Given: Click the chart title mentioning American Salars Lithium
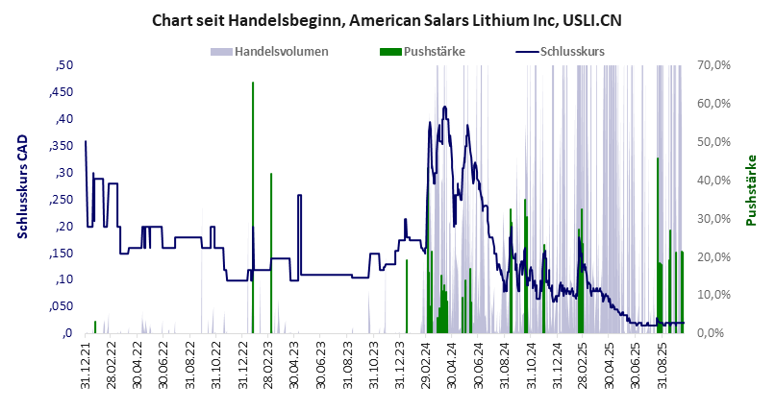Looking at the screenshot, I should (x=387, y=19).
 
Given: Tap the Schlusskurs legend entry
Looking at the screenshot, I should (x=572, y=51).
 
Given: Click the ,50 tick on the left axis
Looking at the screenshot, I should (x=64, y=65).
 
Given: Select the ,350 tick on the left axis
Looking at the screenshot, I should (x=62, y=146).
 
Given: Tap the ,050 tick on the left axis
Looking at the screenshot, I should (x=62, y=306).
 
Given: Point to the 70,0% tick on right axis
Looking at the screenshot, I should (x=716, y=65).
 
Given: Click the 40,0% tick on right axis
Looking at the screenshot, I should (x=716, y=181).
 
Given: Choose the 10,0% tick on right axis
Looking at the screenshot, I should (x=716, y=295).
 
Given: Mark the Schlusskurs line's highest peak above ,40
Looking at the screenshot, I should (x=444, y=107).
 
